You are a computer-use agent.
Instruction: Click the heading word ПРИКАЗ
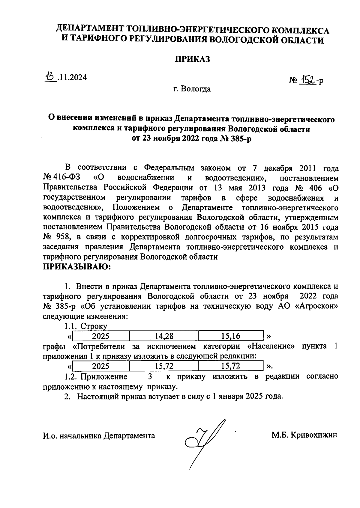[x=192, y=59]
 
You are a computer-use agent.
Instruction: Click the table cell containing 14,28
[x=164, y=336]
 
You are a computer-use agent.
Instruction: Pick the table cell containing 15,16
[x=230, y=336]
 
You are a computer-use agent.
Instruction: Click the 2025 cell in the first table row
[x=100, y=336]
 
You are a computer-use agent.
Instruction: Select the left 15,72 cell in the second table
[x=164, y=366]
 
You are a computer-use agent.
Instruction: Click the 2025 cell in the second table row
[x=100, y=366]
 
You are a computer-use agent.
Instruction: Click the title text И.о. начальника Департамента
[x=99, y=435]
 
